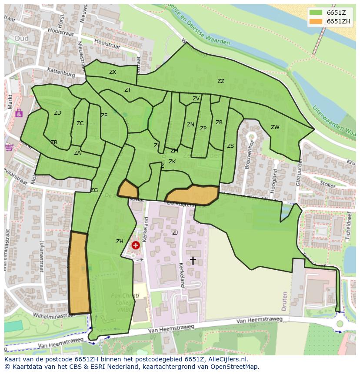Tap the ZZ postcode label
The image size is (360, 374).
pyautogui.click(x=221, y=81)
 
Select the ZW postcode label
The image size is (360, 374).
pyautogui.click(x=275, y=127)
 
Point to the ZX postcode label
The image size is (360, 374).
pyautogui.click(x=113, y=72)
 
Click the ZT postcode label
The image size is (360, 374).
pyautogui.click(x=127, y=90)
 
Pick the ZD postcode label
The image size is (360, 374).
pyautogui.click(x=57, y=113)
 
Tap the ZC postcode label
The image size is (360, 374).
pyautogui.click(x=80, y=123)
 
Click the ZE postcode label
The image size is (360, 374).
pyautogui.click(x=104, y=116)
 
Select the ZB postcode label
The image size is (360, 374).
pyautogui.click(x=54, y=142)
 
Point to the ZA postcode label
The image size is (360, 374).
pyautogui.click(x=77, y=153)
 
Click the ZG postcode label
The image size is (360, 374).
pyautogui.click(x=94, y=190)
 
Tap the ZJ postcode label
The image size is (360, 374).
pyautogui.click(x=175, y=233)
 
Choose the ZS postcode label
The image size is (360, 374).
pyautogui.click(x=230, y=146)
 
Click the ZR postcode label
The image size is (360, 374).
pyautogui.click(x=219, y=122)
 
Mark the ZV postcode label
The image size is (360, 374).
pyautogui.click(x=196, y=99)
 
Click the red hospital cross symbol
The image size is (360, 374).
pyautogui.click(x=136, y=245)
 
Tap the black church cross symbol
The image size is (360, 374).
pyautogui.click(x=193, y=260)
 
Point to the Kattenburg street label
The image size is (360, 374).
pyautogui.click(x=61, y=72)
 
